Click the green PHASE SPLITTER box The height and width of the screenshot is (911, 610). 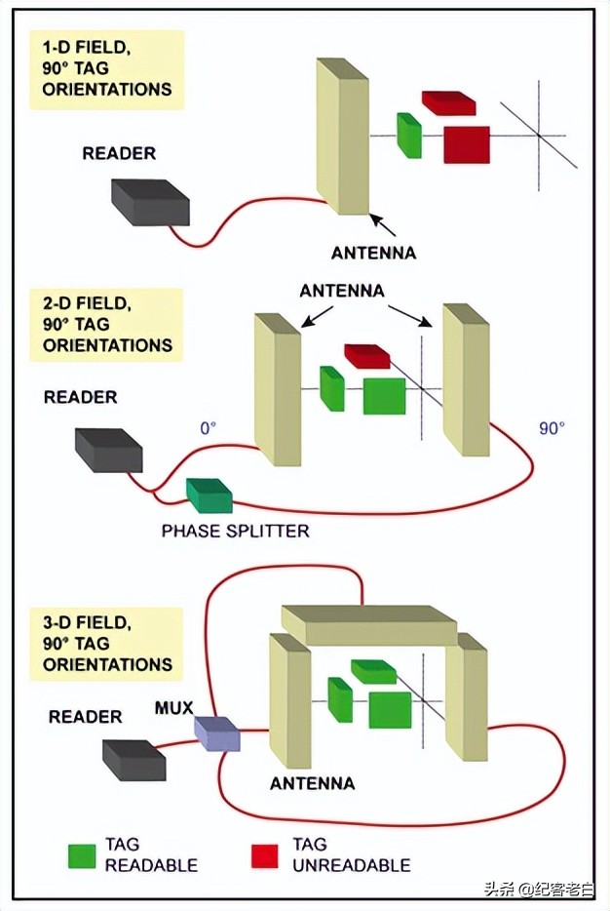(210, 495)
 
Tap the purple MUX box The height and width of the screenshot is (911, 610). (216, 733)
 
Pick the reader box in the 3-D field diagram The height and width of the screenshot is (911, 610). (133, 760)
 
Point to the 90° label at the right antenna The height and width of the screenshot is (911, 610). (553, 427)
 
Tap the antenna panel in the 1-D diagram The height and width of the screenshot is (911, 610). (343, 137)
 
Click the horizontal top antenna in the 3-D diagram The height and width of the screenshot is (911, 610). (368, 624)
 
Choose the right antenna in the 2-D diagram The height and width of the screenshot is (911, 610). (466, 380)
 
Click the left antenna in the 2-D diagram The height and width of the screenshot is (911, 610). (277, 390)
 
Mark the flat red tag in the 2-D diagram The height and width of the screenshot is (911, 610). (366, 356)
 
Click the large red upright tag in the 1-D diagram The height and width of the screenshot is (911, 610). (466, 144)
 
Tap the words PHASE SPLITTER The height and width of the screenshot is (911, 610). (235, 532)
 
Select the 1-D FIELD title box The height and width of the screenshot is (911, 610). (106, 68)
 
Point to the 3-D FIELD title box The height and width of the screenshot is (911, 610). (106, 644)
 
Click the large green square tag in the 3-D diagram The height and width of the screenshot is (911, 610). (390, 709)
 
